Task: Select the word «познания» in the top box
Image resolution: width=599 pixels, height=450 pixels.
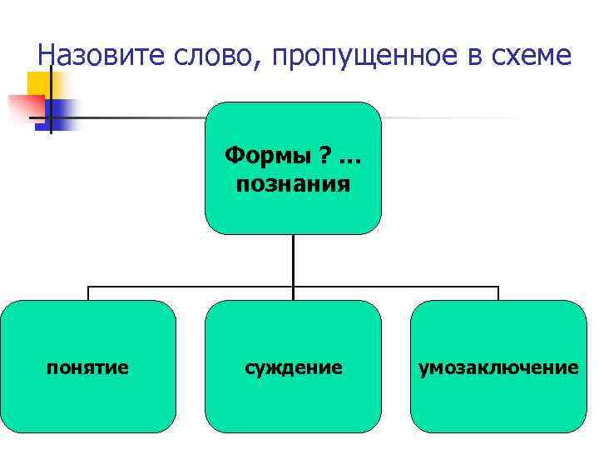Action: coord(293,183)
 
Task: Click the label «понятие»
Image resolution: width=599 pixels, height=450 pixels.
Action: coord(88,367)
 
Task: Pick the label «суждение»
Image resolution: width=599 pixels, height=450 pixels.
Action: coord(293,367)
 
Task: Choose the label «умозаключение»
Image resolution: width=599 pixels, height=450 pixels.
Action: coord(498,367)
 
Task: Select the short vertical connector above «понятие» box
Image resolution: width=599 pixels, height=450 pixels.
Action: coord(88,293)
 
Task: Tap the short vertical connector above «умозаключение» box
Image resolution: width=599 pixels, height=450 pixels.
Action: coord(498,293)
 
